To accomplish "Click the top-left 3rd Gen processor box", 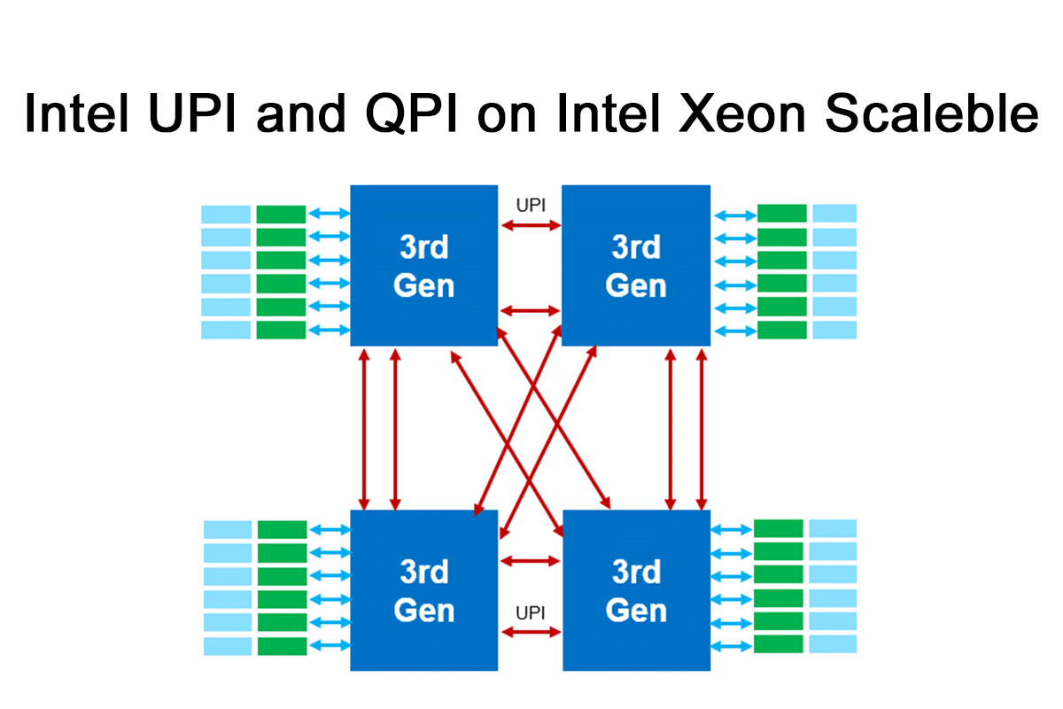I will (x=424, y=265).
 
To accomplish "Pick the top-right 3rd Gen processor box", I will (x=636, y=265).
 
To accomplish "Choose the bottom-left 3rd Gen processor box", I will (x=424, y=590).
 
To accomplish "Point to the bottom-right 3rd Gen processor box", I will (x=637, y=590).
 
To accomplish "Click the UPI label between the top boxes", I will (x=531, y=206).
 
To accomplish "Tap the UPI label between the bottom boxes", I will (x=531, y=612).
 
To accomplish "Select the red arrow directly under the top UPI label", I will (x=531, y=226).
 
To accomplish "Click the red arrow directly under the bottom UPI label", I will (x=531, y=632).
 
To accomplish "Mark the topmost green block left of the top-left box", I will (x=281, y=214).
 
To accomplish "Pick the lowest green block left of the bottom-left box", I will (x=282, y=645).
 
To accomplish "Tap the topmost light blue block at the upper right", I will (x=834, y=214).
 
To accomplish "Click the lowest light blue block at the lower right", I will (x=834, y=644).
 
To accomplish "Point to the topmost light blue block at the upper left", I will (x=226, y=214).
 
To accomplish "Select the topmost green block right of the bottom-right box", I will (x=779, y=529).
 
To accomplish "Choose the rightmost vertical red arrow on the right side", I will (x=702, y=428).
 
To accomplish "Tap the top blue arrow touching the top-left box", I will (x=328, y=214).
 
